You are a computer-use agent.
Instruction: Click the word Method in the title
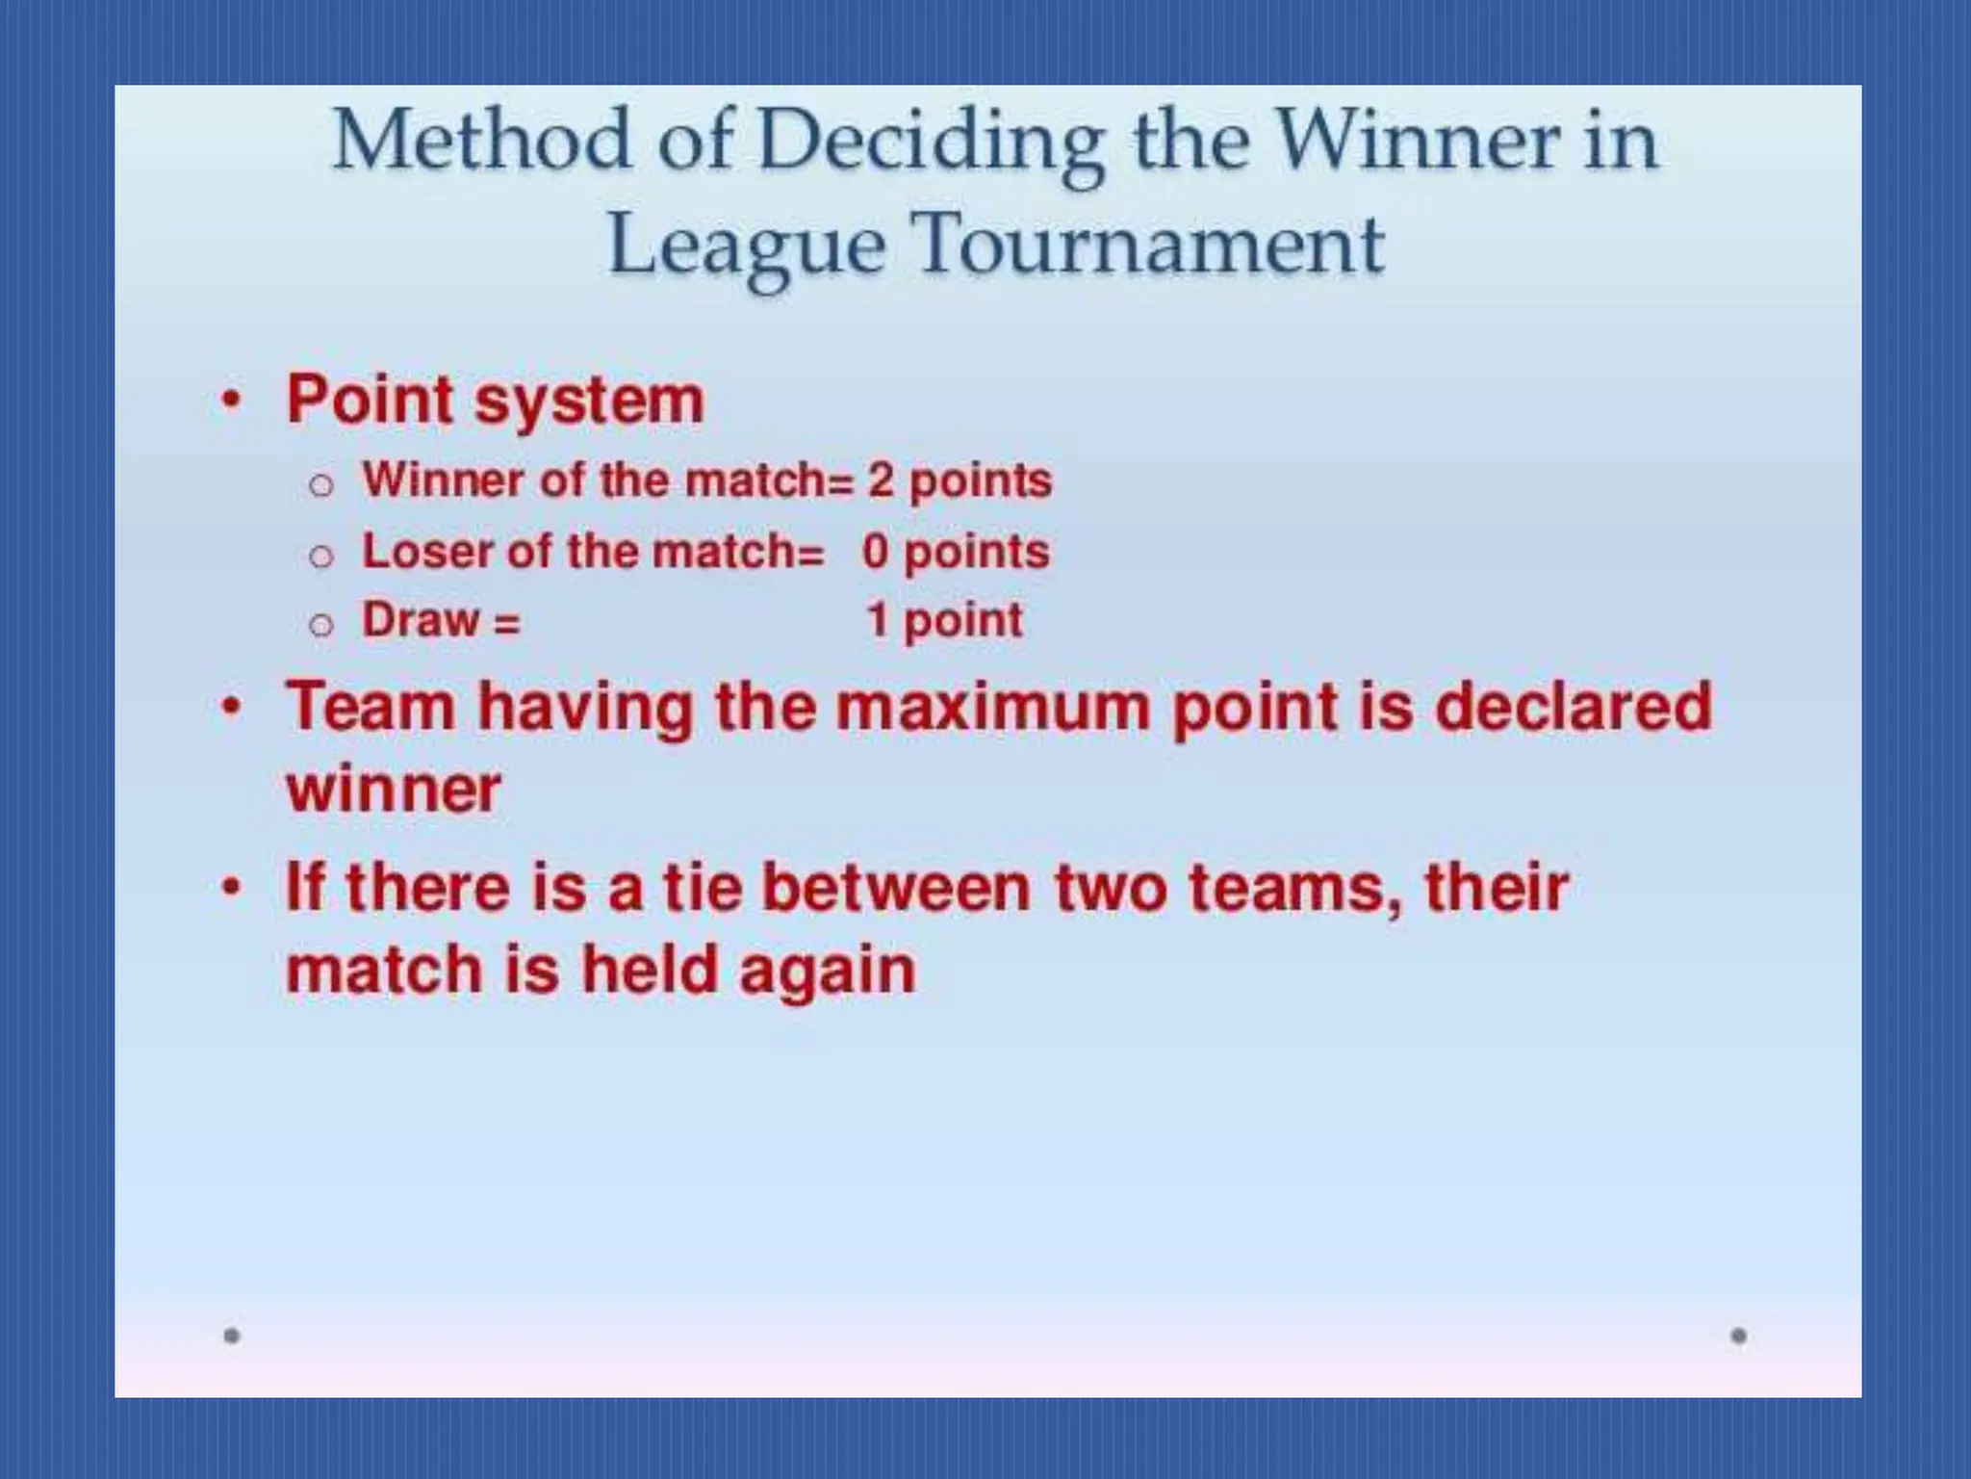(481, 142)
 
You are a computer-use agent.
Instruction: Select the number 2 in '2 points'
(880, 480)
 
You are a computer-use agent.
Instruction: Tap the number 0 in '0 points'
(875, 552)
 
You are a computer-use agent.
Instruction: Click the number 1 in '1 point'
(877, 620)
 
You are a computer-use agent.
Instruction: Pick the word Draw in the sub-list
(420, 620)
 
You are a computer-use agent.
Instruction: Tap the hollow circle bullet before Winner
(321, 484)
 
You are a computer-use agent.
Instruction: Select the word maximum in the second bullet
(992, 707)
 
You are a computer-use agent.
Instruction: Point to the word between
(896, 887)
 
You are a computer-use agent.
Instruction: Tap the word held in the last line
(650, 970)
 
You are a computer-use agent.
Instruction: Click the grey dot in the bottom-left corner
(231, 1336)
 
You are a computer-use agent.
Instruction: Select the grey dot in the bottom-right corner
(1738, 1336)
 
